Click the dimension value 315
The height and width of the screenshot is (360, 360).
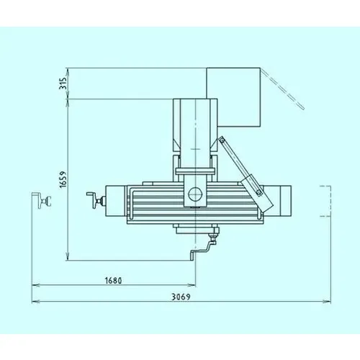coord(63,84)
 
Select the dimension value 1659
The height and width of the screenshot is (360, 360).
coord(63,179)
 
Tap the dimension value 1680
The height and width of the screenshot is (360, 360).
coord(114,280)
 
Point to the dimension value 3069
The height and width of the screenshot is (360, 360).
coord(181,297)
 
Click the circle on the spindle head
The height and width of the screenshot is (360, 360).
coord(195,194)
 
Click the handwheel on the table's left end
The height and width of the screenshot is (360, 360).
coord(96,200)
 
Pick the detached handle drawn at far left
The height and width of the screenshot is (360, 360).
coord(42,199)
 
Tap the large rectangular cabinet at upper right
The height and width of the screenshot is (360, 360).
coord(233,97)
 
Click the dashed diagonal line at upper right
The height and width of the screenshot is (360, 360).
coord(283,89)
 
